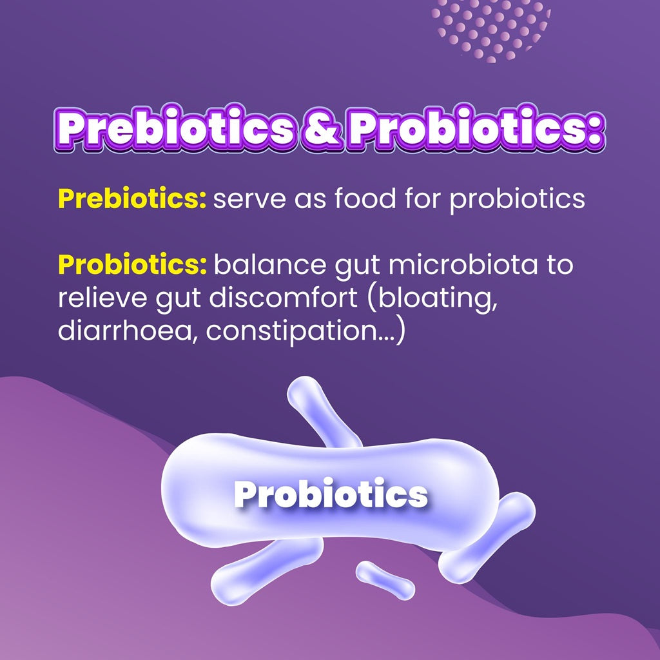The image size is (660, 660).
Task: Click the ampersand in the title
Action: (321, 128)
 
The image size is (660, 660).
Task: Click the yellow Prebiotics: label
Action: (132, 199)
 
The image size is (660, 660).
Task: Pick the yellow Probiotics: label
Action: (133, 264)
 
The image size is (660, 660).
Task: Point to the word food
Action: (365, 198)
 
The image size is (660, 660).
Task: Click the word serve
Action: (249, 200)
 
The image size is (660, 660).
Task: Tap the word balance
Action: (270, 264)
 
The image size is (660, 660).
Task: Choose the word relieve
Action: (102, 298)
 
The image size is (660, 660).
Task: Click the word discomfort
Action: (283, 298)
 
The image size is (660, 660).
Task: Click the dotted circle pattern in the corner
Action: (490, 30)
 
